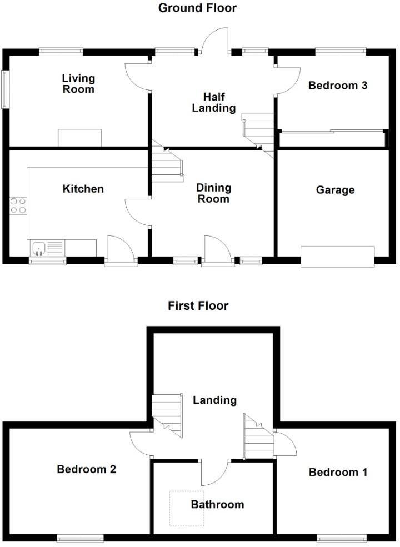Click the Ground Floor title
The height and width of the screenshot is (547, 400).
[198, 8]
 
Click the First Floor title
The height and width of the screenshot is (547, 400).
[198, 305]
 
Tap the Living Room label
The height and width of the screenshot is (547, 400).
[78, 84]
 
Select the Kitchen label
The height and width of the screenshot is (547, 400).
[83, 189]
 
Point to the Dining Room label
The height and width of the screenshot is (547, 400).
[213, 194]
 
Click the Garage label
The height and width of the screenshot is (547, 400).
[335, 190]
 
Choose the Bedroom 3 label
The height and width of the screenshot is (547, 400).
[338, 86]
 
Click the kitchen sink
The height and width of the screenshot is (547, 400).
[40, 248]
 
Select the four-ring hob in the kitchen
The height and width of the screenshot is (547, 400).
[18, 205]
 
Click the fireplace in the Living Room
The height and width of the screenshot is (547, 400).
[80, 138]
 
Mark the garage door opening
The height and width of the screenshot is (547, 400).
[338, 257]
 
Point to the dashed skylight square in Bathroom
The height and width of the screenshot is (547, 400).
[187, 509]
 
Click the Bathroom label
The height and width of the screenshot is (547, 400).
[217, 505]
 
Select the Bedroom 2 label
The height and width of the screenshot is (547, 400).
[86, 470]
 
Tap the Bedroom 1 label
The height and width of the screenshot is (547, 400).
[338, 473]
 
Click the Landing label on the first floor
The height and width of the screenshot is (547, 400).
[214, 400]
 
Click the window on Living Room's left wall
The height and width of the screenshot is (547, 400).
[6, 89]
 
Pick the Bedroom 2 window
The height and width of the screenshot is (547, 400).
[80, 538]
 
